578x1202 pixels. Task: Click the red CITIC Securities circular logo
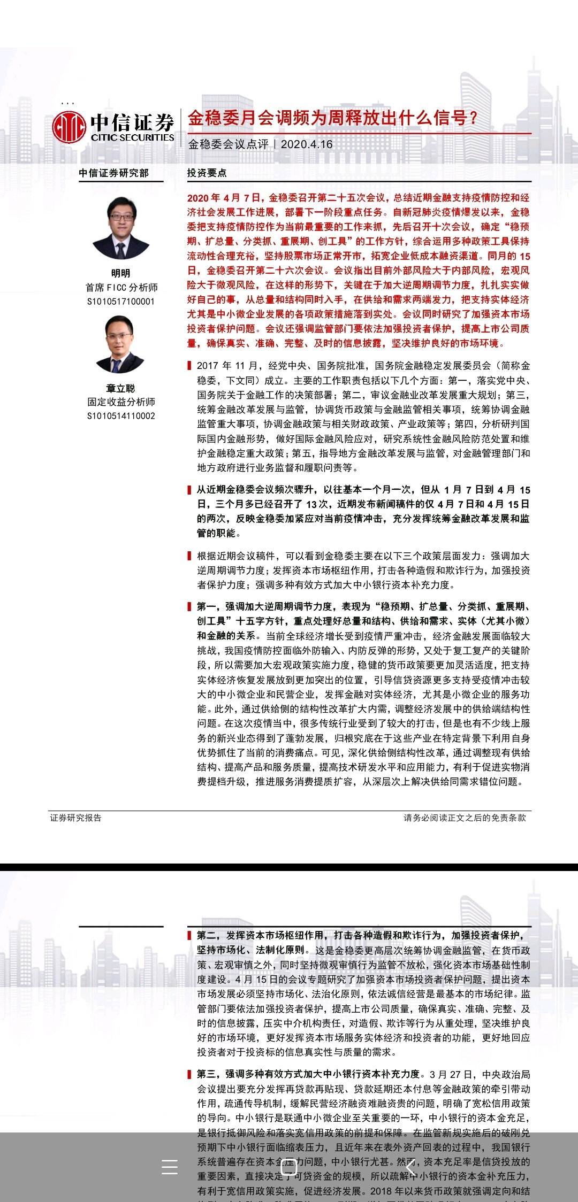point(69,127)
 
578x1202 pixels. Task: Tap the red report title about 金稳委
point(332,118)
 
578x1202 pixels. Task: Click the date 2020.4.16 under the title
point(307,144)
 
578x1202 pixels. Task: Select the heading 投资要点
point(207,173)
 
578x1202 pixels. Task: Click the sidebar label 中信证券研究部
point(113,173)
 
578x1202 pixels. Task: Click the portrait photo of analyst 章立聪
point(120,344)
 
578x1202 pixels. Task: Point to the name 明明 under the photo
point(121,273)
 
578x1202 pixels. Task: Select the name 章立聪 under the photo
point(121,388)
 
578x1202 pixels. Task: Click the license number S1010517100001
point(121,302)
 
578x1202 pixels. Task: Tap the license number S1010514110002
point(121,416)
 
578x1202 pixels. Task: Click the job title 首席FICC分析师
point(121,288)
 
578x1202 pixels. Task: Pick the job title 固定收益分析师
point(121,402)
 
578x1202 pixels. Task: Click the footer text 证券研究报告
point(76,818)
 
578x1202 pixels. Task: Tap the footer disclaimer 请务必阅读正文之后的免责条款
point(465,818)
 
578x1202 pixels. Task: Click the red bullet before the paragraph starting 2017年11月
point(189,366)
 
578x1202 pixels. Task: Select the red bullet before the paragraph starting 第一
point(189,606)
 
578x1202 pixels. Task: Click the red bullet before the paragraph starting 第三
point(189,1074)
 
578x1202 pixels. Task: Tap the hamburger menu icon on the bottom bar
point(170,1167)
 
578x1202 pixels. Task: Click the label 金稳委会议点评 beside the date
point(229,144)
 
